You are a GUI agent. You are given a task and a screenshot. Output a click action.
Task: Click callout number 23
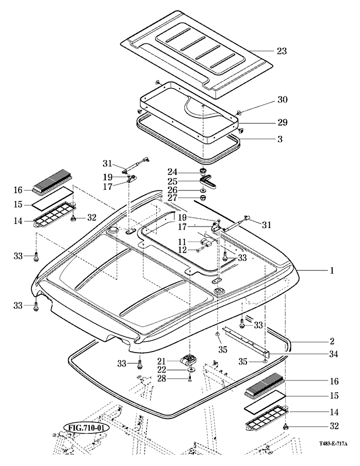(282, 51)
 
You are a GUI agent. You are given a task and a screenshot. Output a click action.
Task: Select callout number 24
(172, 171)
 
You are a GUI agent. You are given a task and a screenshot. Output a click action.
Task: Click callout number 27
(172, 198)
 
